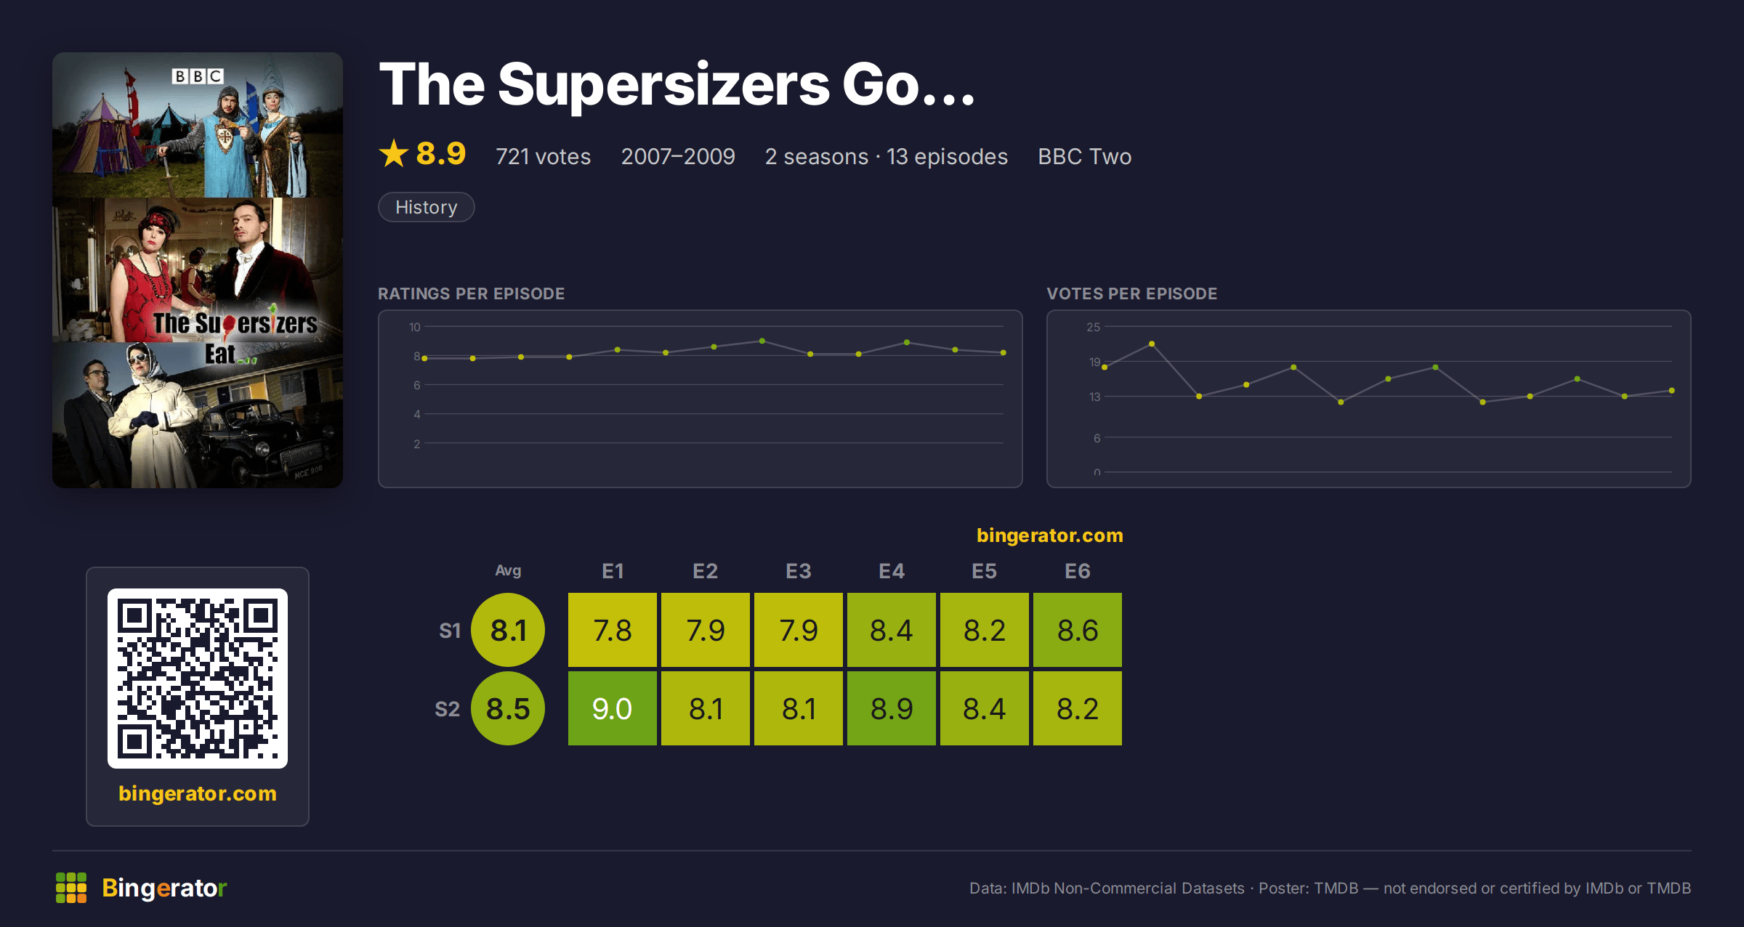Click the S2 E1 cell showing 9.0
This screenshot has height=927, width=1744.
point(612,708)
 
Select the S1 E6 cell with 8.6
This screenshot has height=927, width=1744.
point(1077,630)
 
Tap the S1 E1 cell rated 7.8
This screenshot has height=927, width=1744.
point(612,630)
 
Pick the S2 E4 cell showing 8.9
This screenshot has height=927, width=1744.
point(891,708)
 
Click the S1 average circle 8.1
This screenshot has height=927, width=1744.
point(508,630)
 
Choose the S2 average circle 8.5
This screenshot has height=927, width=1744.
point(508,708)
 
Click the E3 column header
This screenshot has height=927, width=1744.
point(798,571)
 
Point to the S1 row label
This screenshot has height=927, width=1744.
point(450,631)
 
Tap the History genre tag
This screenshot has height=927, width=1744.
point(427,207)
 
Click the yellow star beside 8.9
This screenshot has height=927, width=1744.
point(394,153)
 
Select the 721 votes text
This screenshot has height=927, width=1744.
point(543,156)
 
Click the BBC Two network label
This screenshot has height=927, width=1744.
point(1084,156)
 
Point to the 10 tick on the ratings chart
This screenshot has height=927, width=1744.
point(414,327)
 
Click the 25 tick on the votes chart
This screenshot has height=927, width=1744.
point(1093,327)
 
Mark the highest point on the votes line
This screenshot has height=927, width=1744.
point(1152,344)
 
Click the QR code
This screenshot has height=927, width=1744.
point(198,679)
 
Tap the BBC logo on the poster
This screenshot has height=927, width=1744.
point(198,76)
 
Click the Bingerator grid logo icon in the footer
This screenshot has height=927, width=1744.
point(71,888)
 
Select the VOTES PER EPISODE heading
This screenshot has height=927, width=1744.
point(1131,294)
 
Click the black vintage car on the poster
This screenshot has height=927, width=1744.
point(269,443)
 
